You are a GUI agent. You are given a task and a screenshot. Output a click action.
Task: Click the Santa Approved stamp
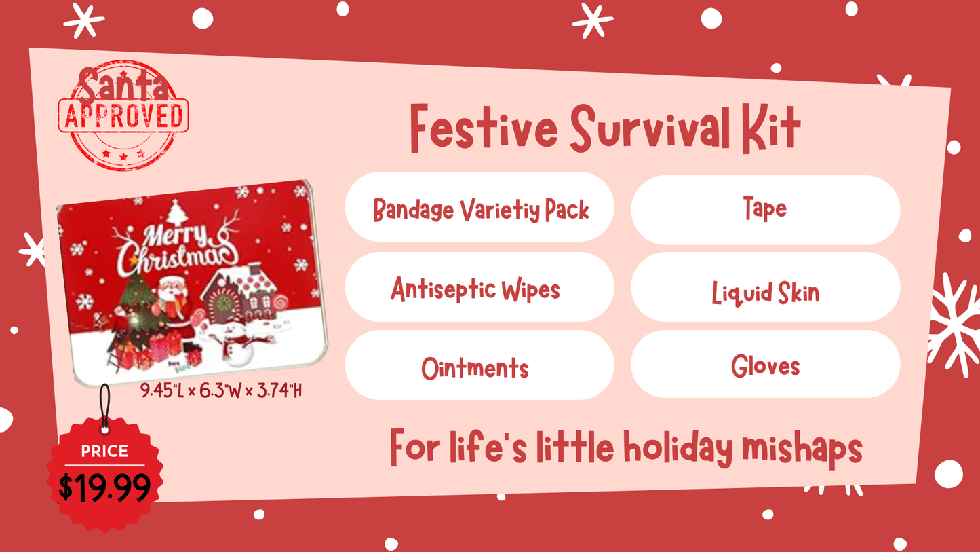pyautogui.click(x=123, y=114)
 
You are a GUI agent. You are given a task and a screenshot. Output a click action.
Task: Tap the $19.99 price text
pyautogui.click(x=104, y=487)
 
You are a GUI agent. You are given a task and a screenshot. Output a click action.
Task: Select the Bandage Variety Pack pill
pyautogui.click(x=479, y=208)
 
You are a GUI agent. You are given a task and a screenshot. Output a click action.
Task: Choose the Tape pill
pyautogui.click(x=765, y=209)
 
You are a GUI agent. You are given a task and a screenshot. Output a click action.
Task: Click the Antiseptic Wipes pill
pyautogui.click(x=479, y=288)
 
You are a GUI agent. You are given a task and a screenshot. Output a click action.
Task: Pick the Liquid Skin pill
pyautogui.click(x=765, y=292)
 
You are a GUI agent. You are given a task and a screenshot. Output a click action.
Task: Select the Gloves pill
pyautogui.click(x=765, y=365)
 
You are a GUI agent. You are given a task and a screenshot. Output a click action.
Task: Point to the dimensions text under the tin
pyautogui.click(x=221, y=391)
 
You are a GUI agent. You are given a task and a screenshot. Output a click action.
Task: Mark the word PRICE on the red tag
pyautogui.click(x=104, y=451)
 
